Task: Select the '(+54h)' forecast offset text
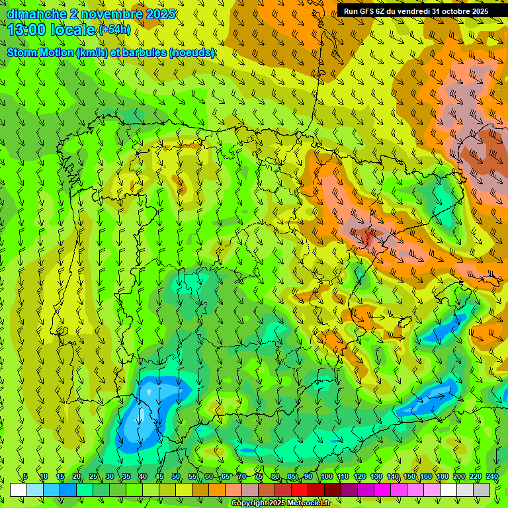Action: point(114,30)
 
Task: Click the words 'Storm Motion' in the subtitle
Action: point(41,53)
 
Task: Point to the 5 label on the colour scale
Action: point(25,476)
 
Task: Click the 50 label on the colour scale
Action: point(175,476)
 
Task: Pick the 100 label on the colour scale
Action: point(326,476)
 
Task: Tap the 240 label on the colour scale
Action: point(492,476)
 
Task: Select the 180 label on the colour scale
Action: point(442,476)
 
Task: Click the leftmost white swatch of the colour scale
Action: point(19,489)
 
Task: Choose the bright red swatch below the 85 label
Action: point(300,489)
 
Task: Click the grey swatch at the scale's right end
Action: point(482,489)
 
